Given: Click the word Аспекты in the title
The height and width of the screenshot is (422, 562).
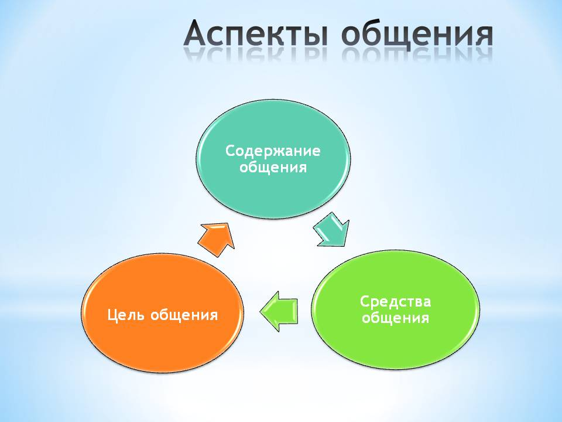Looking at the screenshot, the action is click(255, 35).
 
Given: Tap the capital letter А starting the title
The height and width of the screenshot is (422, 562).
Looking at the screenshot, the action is click(197, 33).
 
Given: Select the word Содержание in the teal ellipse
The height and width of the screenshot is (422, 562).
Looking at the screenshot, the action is click(273, 151).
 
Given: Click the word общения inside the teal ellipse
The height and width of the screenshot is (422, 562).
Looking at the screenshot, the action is click(273, 167).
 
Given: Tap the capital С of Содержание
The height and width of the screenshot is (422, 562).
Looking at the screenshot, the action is click(231, 151).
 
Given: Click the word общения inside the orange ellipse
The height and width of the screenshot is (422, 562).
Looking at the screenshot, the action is click(184, 315).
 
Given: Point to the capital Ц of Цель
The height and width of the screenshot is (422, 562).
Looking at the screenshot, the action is click(112, 315).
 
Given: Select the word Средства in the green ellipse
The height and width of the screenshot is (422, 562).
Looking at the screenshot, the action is click(395, 301).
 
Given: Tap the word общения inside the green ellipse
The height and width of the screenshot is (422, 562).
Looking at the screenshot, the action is click(395, 318).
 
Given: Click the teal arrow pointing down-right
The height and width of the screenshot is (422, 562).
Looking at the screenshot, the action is click(331, 230).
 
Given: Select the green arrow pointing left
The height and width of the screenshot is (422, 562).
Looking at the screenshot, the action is click(279, 311).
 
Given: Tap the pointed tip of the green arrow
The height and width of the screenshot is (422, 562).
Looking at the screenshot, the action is click(259, 311).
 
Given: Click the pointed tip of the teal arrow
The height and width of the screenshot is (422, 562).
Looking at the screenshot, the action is click(344, 246).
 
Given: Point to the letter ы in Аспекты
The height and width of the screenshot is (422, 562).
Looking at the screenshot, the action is click(313, 35).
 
